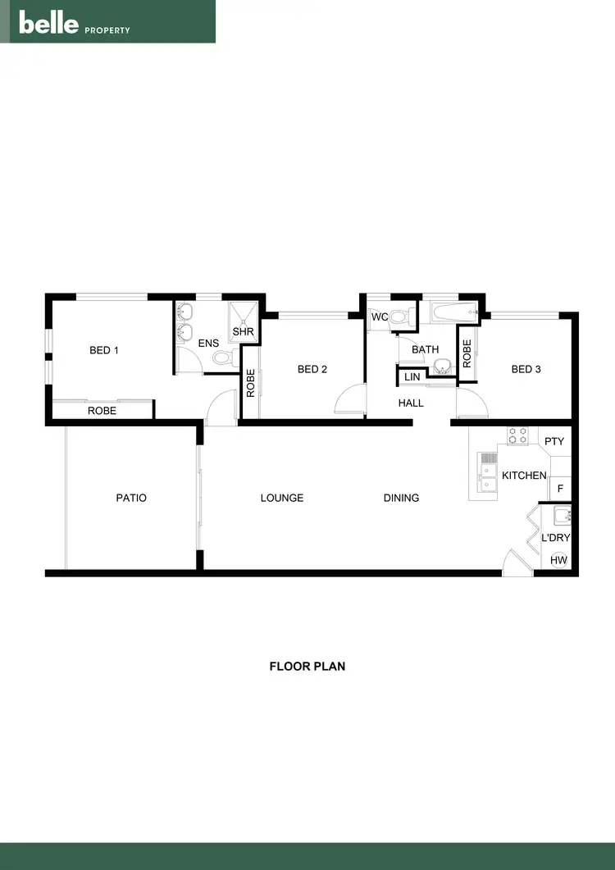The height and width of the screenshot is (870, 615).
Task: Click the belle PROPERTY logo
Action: coord(75,24)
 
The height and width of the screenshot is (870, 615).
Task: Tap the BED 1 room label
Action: coord(104,351)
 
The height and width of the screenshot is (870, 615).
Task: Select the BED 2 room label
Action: coord(312,370)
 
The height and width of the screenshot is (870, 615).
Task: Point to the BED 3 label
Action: coord(526,370)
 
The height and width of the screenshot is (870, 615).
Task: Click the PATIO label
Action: coord(131,498)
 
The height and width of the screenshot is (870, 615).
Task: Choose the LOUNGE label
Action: coord(282,498)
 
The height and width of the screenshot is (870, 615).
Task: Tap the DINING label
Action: coord(401,498)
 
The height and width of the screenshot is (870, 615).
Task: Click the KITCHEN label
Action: coord(524,476)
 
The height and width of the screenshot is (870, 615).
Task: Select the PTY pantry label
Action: coord(554,442)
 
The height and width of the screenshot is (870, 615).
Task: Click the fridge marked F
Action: coord(560,489)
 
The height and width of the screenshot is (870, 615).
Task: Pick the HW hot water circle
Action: coord(559,560)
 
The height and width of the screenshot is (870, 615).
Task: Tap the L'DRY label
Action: coord(555,539)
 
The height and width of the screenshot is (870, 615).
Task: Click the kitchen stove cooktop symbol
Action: coord(517,435)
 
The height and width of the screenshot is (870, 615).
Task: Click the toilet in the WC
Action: coord(399,317)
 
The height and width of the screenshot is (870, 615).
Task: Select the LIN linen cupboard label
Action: coord(412,377)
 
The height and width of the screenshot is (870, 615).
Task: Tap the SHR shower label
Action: coord(244,332)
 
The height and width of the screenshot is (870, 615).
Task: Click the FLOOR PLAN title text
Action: coord(307,667)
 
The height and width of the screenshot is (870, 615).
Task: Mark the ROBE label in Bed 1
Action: coord(102,411)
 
